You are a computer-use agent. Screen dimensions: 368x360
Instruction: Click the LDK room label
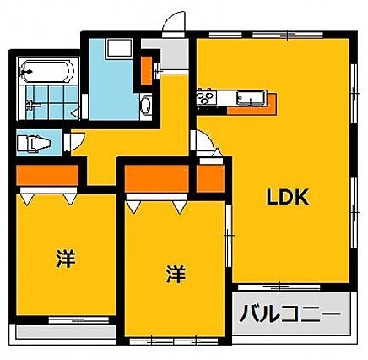click(x=288, y=197)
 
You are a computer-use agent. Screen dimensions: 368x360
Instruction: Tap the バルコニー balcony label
click(x=290, y=314)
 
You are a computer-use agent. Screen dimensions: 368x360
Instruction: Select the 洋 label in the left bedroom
click(x=66, y=259)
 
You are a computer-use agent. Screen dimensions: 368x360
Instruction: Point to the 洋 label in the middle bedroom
click(x=176, y=274)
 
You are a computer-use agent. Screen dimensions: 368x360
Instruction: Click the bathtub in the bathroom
click(x=46, y=71)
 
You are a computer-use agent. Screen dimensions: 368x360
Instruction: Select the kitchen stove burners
click(x=207, y=97)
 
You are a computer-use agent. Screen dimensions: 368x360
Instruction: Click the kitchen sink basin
click(x=251, y=97)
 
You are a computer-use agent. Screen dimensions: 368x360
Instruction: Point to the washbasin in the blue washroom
click(x=146, y=105)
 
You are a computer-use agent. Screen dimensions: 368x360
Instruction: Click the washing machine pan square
click(x=119, y=48)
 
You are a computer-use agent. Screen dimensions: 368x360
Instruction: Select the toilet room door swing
click(x=74, y=141)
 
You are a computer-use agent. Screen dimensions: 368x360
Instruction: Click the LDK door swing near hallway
click(x=204, y=143)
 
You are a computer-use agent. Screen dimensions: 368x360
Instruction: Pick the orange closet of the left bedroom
click(x=47, y=175)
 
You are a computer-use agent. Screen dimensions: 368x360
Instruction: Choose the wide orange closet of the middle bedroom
click(x=157, y=179)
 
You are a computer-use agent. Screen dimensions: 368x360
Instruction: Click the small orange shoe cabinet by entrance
click(x=146, y=70)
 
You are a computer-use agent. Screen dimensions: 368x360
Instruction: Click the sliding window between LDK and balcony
click(x=279, y=287)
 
